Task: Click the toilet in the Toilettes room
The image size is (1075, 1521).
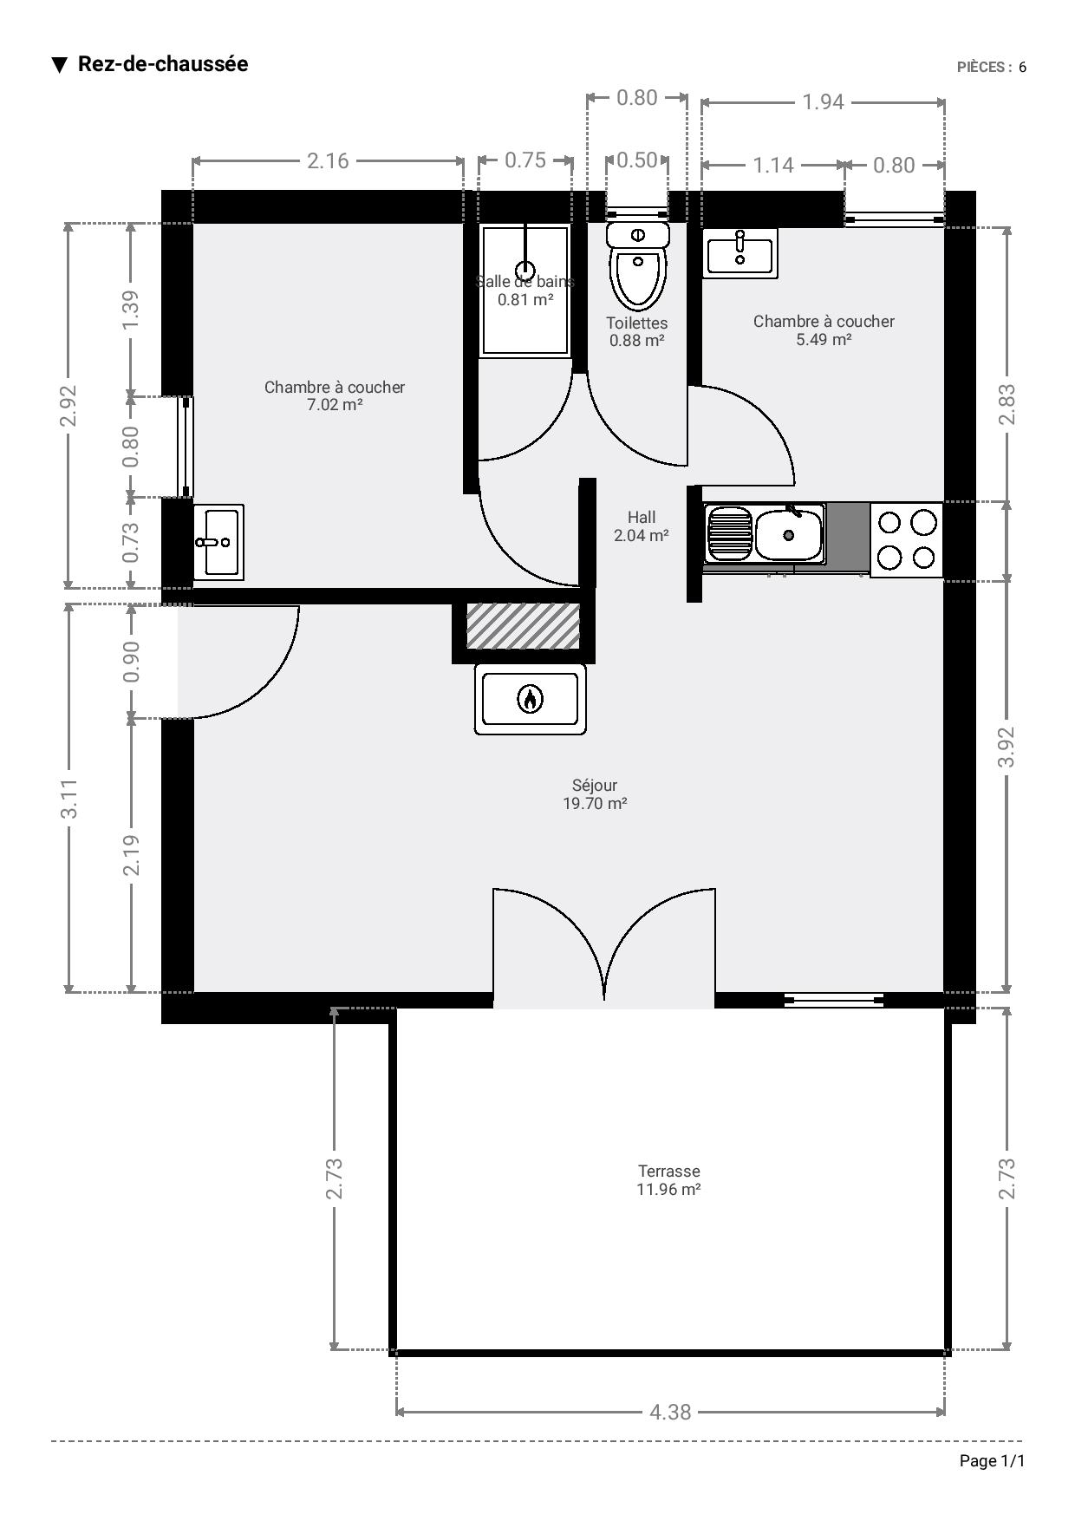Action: [x=638, y=264]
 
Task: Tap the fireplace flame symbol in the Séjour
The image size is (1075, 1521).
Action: [x=530, y=699]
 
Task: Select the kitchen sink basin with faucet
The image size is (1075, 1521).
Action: [x=789, y=534]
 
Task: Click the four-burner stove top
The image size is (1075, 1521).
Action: [x=906, y=539]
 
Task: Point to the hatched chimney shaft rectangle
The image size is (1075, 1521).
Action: [x=523, y=626]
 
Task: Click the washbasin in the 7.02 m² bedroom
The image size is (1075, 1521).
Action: [x=218, y=542]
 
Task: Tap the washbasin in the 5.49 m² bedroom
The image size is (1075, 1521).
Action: [x=739, y=253]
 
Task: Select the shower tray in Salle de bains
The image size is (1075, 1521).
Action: [x=525, y=290]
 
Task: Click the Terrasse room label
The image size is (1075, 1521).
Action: [x=668, y=1171]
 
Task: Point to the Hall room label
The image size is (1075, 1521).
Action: [x=642, y=517]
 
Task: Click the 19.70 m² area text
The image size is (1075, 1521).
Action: [x=595, y=803]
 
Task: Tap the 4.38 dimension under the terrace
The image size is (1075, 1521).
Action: [x=670, y=1413]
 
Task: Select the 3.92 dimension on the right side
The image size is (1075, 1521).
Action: [x=1007, y=747]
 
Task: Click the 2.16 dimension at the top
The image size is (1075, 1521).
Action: [x=328, y=160]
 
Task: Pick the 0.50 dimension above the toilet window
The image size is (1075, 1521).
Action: [x=637, y=160]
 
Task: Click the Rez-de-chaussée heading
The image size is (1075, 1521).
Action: [x=163, y=64]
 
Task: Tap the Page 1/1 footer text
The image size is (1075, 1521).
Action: [x=992, y=1461]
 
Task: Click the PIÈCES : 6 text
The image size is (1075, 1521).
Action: [x=992, y=67]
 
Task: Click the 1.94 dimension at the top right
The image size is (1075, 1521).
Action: [x=823, y=102]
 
